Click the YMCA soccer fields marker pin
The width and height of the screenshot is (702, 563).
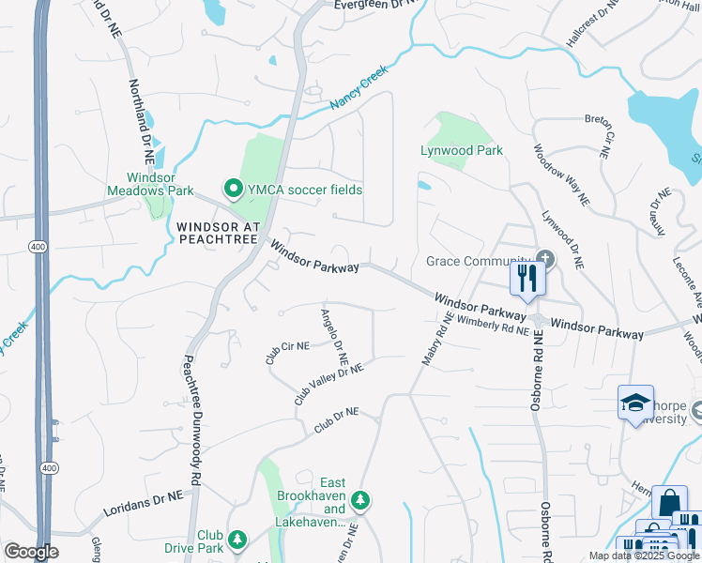click(x=231, y=190)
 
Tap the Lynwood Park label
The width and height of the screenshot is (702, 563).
click(x=462, y=150)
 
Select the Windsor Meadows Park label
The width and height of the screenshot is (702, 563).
click(x=160, y=184)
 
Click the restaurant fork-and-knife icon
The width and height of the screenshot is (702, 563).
click(x=526, y=279)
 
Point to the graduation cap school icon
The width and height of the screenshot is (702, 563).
click(x=635, y=403)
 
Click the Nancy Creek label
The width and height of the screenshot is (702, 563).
click(x=359, y=91)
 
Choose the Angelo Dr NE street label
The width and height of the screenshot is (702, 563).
click(x=335, y=337)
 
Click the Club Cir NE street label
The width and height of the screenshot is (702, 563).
click(x=287, y=353)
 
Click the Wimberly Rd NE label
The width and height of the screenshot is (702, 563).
click(x=495, y=327)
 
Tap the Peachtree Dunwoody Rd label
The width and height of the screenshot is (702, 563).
click(x=191, y=419)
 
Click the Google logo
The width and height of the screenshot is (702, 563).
click(x=31, y=552)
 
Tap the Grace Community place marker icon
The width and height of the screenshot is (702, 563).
click(x=543, y=259)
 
